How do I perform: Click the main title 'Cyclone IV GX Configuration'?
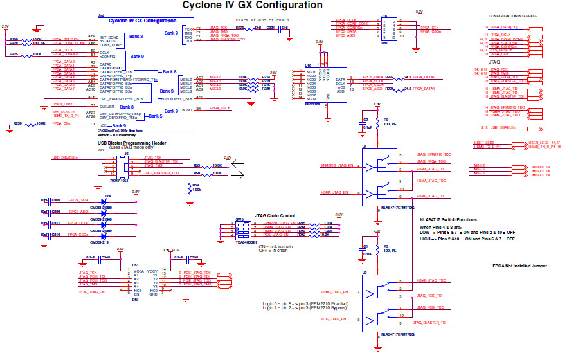pos(253,6)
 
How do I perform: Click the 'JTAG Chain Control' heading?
pos(275,215)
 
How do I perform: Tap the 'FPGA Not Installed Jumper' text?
pos(520,265)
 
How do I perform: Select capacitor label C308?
pos(56,200)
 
